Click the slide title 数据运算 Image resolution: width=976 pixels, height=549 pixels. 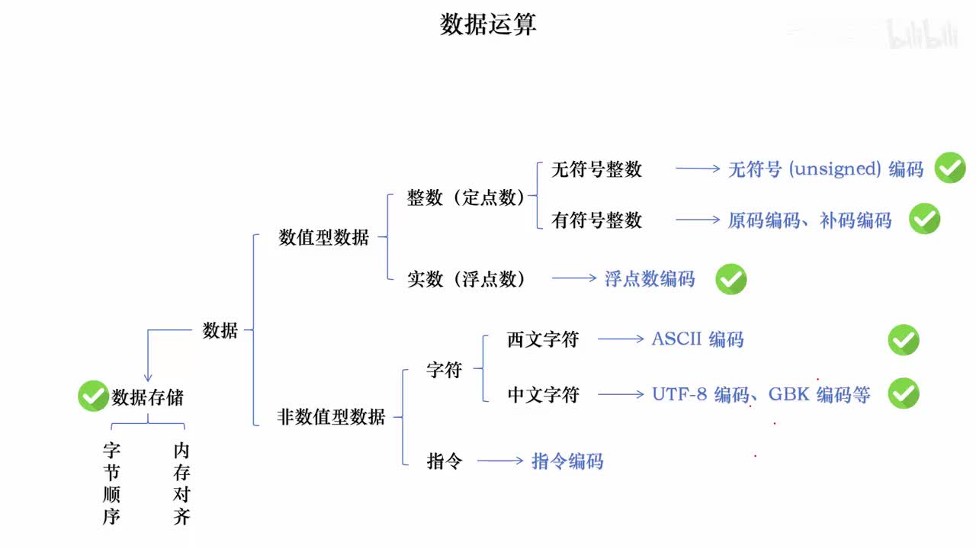488,24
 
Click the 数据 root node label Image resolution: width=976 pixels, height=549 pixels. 220,330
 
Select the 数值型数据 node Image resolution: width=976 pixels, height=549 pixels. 324,237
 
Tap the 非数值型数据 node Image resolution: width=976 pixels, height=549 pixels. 331,416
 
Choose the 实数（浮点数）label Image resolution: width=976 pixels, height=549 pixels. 467,279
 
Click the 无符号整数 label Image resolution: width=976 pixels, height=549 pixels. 596,169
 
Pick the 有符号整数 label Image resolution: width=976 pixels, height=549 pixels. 596,220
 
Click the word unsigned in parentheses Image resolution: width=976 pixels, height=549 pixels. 836,169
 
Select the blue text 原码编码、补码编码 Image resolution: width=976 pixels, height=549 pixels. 809,220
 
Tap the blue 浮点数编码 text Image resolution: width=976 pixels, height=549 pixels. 650,279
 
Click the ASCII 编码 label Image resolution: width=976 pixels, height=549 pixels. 697,339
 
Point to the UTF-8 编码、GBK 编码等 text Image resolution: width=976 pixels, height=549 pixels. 760,394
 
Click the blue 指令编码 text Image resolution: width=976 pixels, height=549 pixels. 567,461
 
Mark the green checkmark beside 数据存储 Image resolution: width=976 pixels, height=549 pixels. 93,396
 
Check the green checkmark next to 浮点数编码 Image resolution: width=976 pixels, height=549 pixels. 730,280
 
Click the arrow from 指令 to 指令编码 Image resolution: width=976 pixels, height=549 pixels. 500,461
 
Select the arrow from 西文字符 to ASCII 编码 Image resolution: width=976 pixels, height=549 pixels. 621,339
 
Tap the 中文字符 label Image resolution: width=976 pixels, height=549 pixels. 543,394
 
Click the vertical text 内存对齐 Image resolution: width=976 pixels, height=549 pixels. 181,483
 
